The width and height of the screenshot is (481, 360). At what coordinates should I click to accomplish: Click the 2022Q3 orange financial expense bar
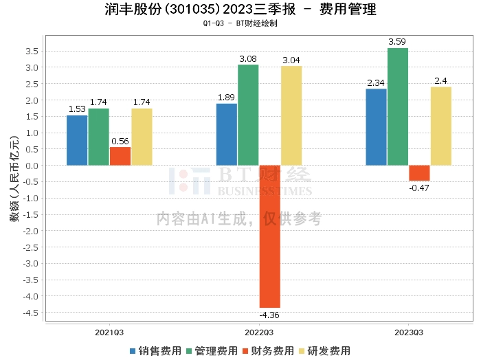coord(269,236)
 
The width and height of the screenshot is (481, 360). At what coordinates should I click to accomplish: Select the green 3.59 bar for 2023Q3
coord(397,106)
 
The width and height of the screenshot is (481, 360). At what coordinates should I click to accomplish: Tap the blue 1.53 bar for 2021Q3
coord(77,140)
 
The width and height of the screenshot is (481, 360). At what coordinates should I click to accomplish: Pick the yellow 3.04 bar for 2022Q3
coord(291,115)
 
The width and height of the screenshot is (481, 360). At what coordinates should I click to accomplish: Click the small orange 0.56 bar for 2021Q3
coord(120,156)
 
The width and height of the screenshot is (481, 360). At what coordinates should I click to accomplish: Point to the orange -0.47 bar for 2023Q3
coord(419,173)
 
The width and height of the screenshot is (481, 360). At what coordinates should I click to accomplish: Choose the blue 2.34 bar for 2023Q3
coord(376,127)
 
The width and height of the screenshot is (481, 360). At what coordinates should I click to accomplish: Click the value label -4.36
coord(269,315)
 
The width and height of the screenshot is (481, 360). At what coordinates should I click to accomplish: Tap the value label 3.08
coord(247,59)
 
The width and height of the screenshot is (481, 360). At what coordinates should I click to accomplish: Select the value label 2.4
coord(440,81)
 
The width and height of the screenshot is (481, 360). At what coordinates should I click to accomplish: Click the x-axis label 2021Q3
coord(109,333)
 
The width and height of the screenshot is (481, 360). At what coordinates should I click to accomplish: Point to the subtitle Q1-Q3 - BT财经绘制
coord(240,23)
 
